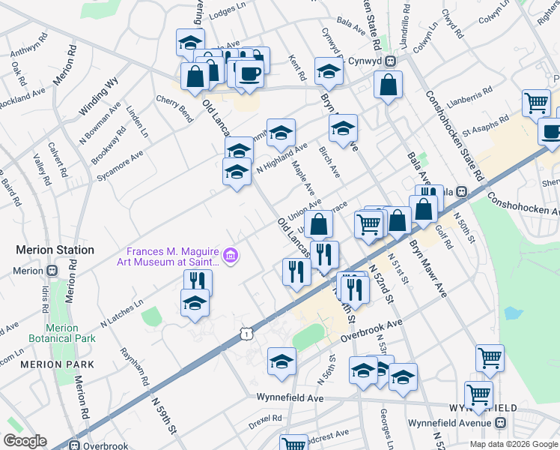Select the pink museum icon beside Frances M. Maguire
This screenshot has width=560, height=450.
231,256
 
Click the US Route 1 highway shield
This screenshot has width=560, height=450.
246,331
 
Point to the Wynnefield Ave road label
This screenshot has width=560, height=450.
290,398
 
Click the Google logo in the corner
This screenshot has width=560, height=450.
25,441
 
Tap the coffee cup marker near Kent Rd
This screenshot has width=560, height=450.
249,73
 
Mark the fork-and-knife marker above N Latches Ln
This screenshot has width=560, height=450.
198,281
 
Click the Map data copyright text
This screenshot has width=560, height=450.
514,444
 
